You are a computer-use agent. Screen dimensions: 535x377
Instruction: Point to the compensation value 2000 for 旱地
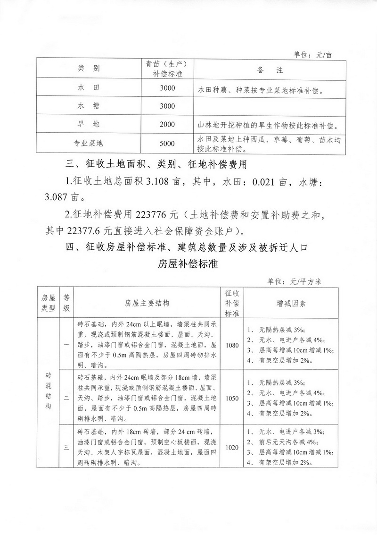coord(167,125)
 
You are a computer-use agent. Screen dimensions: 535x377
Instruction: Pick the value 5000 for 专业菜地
coord(167,144)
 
